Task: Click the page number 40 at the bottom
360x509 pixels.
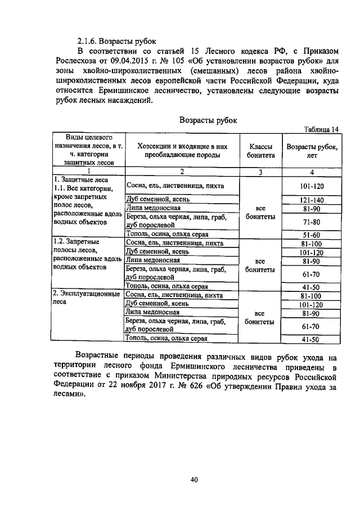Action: (x=195, y=480)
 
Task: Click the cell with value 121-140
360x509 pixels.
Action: (x=310, y=200)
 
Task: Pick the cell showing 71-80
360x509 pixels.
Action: (x=310, y=222)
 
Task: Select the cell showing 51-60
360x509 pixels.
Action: (x=310, y=235)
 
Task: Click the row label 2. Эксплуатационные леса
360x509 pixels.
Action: (x=85, y=299)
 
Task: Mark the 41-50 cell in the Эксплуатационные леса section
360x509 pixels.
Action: (x=310, y=339)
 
